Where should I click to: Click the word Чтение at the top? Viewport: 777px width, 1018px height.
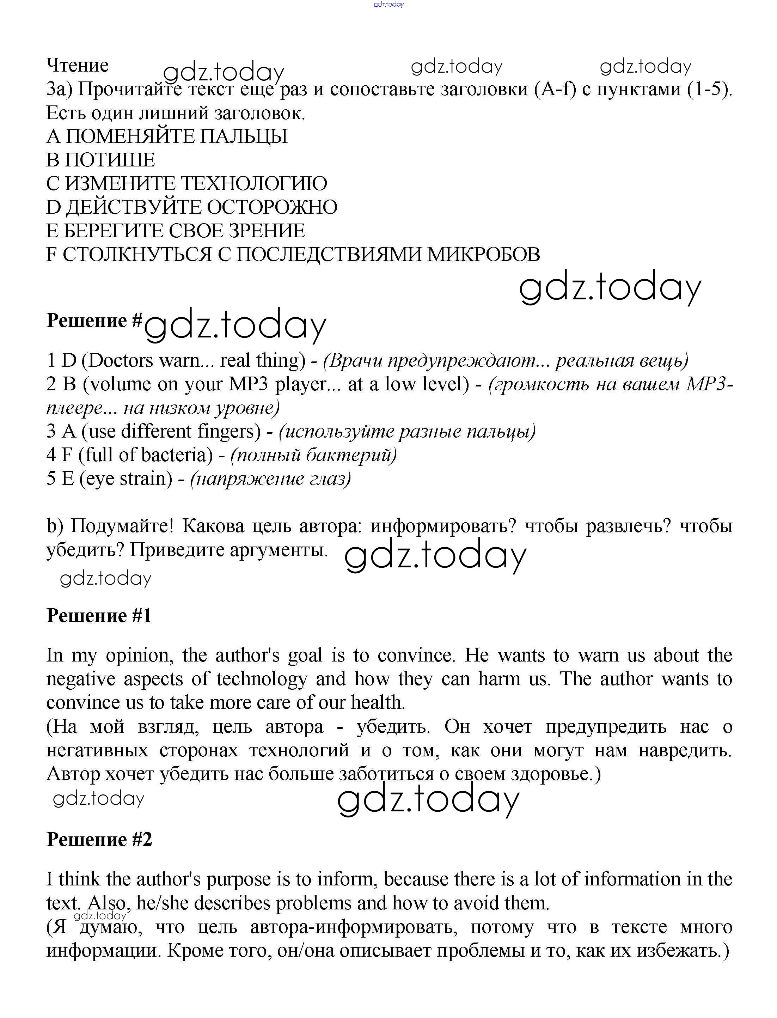point(77,65)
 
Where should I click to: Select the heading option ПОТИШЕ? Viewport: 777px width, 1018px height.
point(110,160)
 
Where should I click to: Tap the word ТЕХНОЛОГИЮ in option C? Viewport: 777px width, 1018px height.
point(253,184)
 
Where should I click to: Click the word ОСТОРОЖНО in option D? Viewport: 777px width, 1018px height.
point(272,207)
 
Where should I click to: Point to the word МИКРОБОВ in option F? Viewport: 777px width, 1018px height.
point(483,254)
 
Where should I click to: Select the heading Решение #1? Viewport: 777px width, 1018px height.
point(99,616)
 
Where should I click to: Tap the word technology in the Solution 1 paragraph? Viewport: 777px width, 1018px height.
point(262,679)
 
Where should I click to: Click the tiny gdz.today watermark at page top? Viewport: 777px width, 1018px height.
point(388,4)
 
